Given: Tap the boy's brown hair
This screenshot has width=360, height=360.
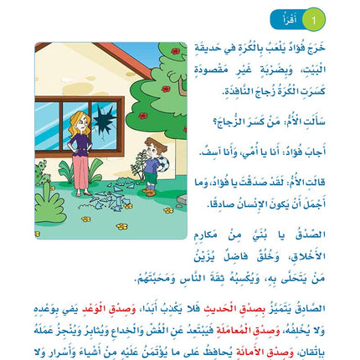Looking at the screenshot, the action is tap(151, 144).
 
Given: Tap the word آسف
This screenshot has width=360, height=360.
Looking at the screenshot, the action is tap(208, 152).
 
